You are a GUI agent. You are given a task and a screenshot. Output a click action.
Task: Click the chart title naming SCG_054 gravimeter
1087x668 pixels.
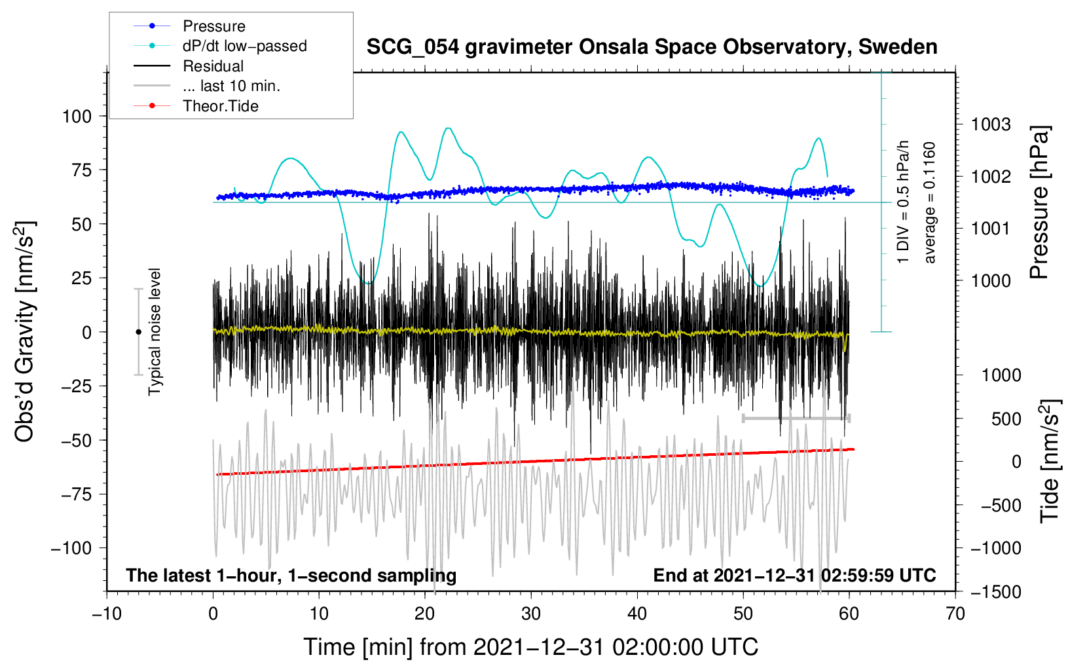(652, 47)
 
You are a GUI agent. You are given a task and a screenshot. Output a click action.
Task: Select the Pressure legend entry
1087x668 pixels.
(213, 26)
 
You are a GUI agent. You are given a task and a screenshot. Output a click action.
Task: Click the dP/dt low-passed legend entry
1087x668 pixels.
(244, 46)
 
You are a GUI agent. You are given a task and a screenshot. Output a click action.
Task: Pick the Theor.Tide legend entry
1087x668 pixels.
(220, 106)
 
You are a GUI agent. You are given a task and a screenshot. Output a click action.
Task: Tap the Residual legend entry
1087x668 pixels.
(213, 66)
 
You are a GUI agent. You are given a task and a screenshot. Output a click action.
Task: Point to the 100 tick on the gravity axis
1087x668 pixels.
(77, 117)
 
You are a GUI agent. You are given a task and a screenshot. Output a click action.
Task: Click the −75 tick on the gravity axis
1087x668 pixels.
(77, 494)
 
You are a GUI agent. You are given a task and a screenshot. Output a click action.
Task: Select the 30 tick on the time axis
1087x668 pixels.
(531, 614)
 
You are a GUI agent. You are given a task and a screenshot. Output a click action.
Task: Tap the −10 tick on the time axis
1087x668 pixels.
(107, 614)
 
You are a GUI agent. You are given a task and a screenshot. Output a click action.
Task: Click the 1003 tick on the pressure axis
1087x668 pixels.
(991, 124)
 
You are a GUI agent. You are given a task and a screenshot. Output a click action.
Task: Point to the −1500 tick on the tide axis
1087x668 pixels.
(996, 592)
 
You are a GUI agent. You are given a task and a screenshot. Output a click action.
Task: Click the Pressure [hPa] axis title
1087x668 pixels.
(1039, 202)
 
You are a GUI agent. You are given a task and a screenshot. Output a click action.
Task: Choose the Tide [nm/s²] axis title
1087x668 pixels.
(1050, 461)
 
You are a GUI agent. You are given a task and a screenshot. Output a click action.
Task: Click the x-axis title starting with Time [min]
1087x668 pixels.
(531, 647)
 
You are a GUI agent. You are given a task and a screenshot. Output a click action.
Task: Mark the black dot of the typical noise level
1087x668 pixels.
(138, 332)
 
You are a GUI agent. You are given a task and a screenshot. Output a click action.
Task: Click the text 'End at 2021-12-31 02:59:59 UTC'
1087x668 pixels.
(794, 575)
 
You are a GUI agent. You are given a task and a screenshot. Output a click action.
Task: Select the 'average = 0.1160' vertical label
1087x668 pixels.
(930, 202)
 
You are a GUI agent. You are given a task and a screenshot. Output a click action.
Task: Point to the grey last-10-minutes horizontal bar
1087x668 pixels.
(796, 418)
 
